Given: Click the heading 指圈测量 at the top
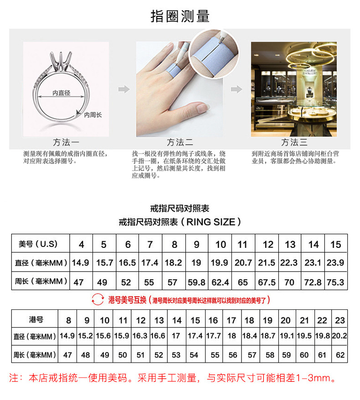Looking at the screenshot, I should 180,16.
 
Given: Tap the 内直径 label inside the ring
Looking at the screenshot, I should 61,93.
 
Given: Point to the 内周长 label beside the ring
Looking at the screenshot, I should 93,115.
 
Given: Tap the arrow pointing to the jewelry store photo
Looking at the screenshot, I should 237,89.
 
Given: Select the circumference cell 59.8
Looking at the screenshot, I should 196,282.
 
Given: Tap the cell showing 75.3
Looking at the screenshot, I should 335,282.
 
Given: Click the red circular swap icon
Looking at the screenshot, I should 98,300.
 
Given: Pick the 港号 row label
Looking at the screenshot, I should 35,319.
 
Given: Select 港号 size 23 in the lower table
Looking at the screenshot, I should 339,320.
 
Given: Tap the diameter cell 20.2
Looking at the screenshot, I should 339,337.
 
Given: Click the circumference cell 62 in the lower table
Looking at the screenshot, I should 339,354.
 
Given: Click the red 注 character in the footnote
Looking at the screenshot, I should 14,378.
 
